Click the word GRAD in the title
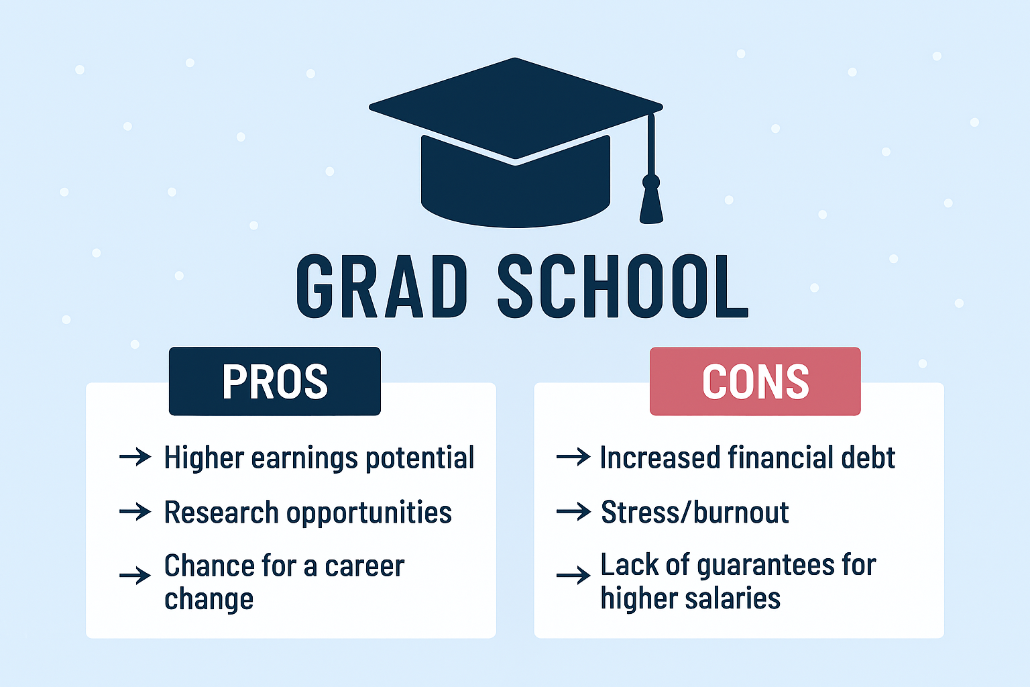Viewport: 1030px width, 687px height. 382,286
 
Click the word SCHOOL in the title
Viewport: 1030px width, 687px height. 623,286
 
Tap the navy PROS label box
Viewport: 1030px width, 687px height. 275,381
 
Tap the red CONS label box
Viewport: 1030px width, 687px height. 755,381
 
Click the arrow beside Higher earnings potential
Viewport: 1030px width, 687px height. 135,457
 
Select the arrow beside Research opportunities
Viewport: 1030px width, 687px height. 135,512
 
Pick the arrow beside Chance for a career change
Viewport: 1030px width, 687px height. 135,575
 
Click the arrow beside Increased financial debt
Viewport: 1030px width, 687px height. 573,457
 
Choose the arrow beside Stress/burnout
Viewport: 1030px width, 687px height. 573,512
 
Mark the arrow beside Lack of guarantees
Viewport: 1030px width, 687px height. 573,575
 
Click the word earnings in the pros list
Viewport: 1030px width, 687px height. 304,459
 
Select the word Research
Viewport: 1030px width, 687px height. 221,512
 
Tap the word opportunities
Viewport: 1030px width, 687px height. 369,513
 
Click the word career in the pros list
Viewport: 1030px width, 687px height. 365,567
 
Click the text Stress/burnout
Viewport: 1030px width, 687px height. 695,512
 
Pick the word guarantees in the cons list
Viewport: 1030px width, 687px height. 766,566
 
